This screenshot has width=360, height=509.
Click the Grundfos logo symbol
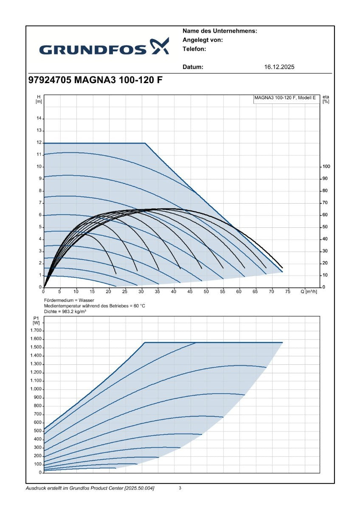pyautogui.click(x=159, y=46)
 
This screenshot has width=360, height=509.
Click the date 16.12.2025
pyautogui.click(x=279, y=67)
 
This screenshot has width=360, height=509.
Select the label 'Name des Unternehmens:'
pyautogui.click(x=219, y=31)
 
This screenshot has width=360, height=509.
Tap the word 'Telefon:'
pyautogui.click(x=194, y=49)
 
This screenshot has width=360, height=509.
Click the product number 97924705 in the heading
pyautogui.click(x=50, y=80)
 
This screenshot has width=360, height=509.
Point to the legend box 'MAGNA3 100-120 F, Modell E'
pyautogui.click(x=287, y=99)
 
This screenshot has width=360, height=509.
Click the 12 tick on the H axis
pyautogui.click(x=39, y=143)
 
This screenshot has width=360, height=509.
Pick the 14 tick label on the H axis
pyautogui.click(x=39, y=119)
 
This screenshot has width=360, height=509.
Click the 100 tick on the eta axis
pyautogui.click(x=326, y=167)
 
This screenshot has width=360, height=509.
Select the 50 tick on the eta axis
pyautogui.click(x=325, y=227)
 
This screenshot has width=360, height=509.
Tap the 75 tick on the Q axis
pyautogui.click(x=287, y=291)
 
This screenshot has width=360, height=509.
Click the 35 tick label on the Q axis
pyautogui.click(x=157, y=291)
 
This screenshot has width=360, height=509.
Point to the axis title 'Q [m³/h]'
pyautogui.click(x=309, y=291)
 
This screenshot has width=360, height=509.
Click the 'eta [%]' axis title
pyautogui.click(x=326, y=99)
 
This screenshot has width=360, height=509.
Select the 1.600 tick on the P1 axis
pyautogui.click(x=36, y=339)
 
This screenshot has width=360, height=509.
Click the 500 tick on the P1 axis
pyautogui.click(x=38, y=431)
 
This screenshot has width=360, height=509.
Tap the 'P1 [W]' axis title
pyautogui.click(x=36, y=320)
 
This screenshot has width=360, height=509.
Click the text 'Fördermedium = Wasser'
pyautogui.click(x=69, y=300)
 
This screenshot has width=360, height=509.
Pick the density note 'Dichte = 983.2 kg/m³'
pyautogui.click(x=65, y=311)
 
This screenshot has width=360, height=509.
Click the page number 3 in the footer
pyautogui.click(x=180, y=488)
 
